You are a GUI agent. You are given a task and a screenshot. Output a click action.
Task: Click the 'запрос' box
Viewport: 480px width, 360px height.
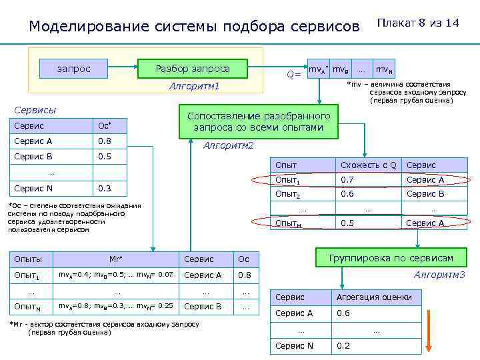[x=74, y=69]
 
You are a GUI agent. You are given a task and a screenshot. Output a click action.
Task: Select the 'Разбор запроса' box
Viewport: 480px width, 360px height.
[x=192, y=69]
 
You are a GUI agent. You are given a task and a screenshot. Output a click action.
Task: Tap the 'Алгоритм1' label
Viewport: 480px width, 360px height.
[x=194, y=87]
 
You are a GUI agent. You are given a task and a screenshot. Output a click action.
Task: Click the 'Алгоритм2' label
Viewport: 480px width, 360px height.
[x=228, y=145]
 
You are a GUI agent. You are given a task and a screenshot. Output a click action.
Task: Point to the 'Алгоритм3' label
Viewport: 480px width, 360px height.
[x=439, y=275]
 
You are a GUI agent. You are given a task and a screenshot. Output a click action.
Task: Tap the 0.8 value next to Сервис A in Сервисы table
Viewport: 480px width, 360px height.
[x=105, y=141]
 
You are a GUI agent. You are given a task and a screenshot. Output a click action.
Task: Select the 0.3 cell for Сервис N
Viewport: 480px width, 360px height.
[x=105, y=188]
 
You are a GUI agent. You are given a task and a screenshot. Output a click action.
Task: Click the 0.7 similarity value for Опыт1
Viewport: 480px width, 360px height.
[x=347, y=180]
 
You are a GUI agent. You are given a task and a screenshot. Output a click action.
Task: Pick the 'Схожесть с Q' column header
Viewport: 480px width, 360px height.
[x=368, y=165]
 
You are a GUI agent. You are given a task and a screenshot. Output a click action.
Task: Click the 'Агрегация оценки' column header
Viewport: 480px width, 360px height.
[x=374, y=297]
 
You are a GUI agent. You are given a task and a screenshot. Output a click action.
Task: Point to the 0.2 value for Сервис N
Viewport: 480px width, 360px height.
[x=343, y=345]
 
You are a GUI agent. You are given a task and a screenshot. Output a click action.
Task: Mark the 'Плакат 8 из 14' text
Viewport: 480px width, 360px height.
[x=418, y=23]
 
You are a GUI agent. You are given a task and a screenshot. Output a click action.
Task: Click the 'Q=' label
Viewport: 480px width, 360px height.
[x=293, y=75]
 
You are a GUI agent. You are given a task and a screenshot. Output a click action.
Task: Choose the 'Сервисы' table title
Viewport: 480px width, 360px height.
[x=35, y=110]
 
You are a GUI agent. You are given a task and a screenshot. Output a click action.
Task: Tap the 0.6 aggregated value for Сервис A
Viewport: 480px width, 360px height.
[x=343, y=313]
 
